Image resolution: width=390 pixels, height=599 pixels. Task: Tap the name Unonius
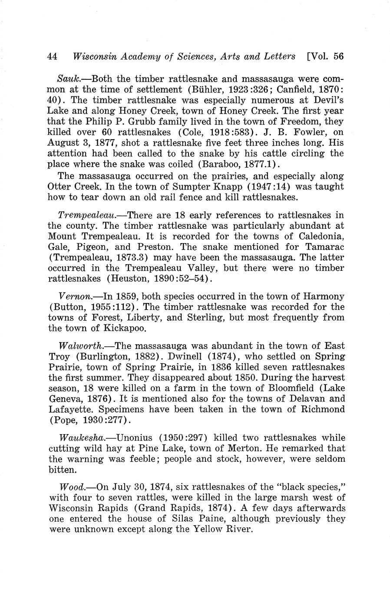[135, 438]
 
